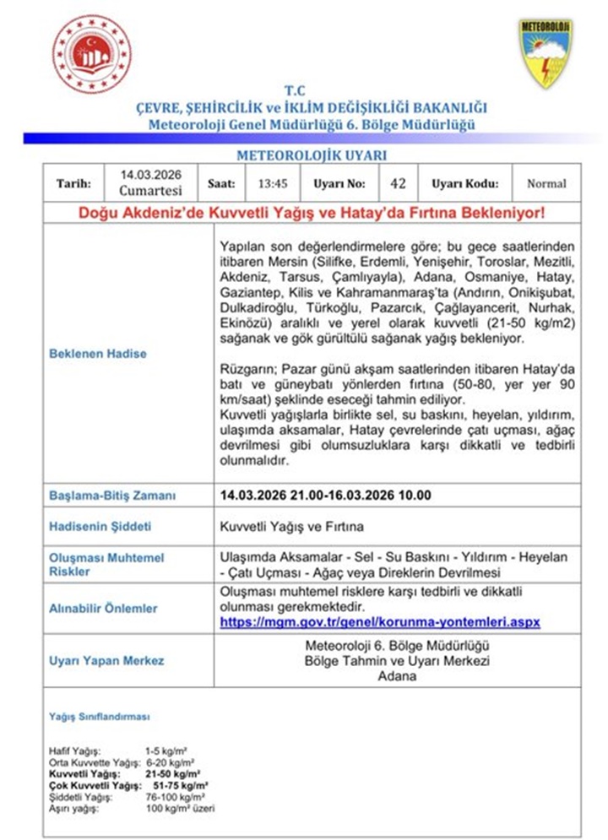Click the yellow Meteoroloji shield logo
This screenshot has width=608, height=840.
[x=545, y=53]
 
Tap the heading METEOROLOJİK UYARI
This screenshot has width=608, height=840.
[x=311, y=155]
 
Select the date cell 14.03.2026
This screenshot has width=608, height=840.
[x=151, y=175]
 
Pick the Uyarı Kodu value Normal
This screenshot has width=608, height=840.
[x=546, y=183]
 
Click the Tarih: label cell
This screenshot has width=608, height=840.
[x=73, y=183]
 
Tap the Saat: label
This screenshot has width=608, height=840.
[x=221, y=183]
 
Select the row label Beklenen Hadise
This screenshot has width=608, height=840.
[x=97, y=354]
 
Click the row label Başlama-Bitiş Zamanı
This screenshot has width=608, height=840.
[x=112, y=496]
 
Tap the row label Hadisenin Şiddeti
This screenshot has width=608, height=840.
[x=100, y=526]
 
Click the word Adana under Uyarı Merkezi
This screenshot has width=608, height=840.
[x=398, y=676]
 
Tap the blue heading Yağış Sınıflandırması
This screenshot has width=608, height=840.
[x=100, y=717]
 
